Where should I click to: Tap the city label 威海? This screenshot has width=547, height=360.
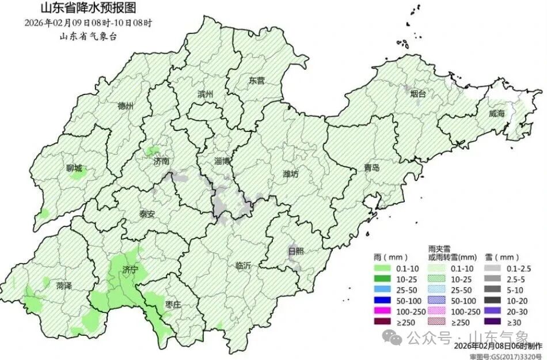[x=496, y=113]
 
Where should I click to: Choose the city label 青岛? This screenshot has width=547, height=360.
[x=371, y=168]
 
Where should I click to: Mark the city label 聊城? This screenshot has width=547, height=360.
[x=74, y=168]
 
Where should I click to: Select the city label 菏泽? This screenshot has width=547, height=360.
[x=64, y=285]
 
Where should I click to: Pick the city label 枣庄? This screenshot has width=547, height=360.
[x=173, y=304]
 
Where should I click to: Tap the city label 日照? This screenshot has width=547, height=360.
[x=296, y=251]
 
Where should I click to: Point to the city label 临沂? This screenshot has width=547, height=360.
[x=244, y=266]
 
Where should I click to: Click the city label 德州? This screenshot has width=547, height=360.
[x=126, y=106]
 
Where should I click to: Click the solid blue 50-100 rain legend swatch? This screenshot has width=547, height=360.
[x=382, y=300]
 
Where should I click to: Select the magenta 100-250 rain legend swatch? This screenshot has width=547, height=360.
[x=382, y=310]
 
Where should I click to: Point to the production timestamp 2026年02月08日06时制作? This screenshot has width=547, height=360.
[x=497, y=346]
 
